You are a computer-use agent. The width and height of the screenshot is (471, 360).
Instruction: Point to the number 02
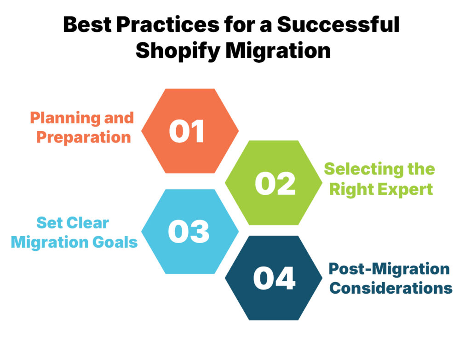(275, 183)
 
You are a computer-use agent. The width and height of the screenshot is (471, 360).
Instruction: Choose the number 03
(189, 232)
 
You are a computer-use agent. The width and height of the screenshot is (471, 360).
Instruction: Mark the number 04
(274, 278)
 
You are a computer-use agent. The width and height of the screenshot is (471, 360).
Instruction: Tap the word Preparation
(84, 137)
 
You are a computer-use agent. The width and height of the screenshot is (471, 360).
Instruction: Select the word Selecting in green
(355, 169)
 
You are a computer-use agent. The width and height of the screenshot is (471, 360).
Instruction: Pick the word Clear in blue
(86, 223)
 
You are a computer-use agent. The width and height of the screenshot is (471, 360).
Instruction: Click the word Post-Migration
(389, 268)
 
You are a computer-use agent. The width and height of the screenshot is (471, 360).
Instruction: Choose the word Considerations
(391, 288)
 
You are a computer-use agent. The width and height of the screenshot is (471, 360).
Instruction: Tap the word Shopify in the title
(177, 51)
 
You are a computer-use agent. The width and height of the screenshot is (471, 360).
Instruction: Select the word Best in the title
(84, 25)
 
